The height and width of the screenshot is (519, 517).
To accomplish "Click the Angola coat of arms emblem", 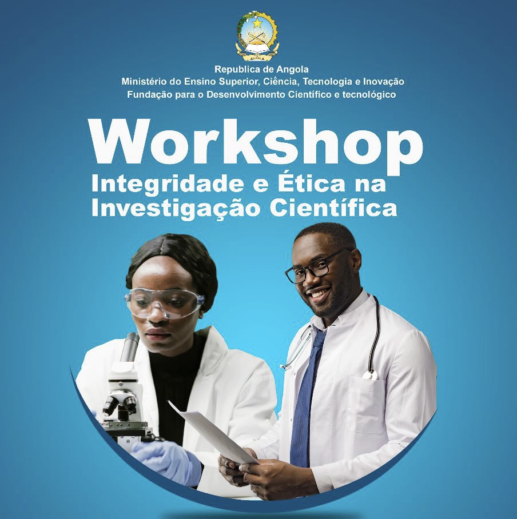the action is pos(257,36).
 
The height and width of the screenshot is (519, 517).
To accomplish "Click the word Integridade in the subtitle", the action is pos(168,185).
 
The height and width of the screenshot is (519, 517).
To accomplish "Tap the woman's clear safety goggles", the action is pos(165,302).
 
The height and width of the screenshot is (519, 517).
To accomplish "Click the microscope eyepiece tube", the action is pos(130,348).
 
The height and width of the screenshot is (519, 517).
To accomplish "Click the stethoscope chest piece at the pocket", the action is pos(370,375).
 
